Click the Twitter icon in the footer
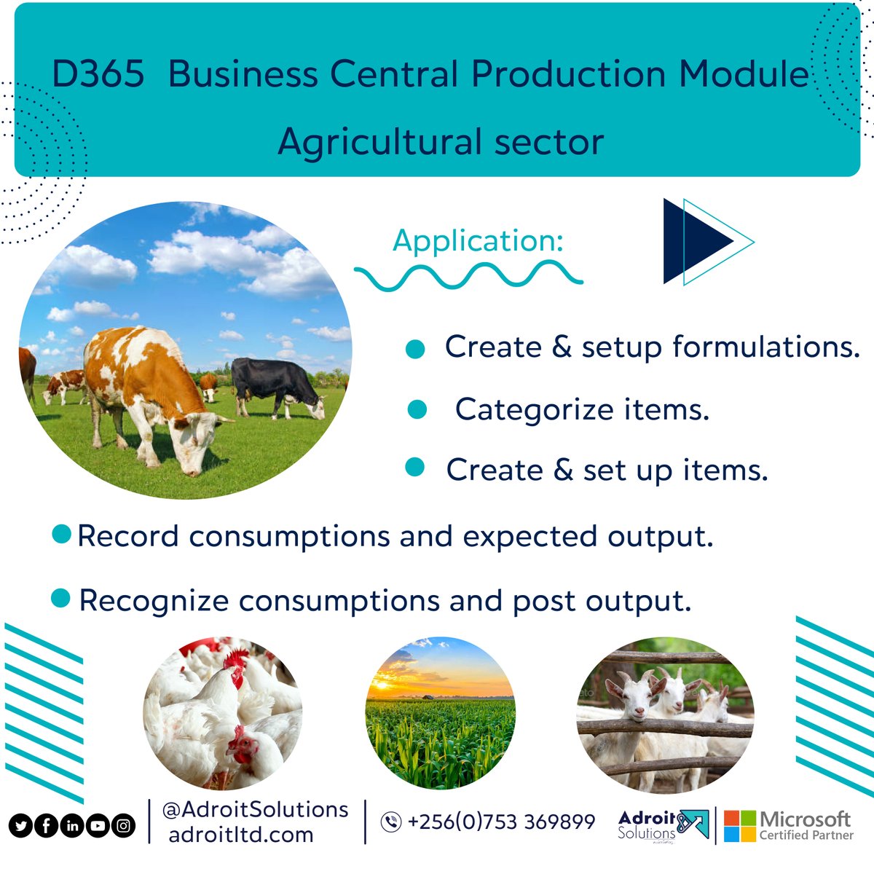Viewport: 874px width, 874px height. coord(20,826)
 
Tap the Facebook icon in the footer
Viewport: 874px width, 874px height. coord(46,826)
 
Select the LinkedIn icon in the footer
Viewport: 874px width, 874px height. coord(72,826)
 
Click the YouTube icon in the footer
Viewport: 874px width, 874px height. coord(98,826)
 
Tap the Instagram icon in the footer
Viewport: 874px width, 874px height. coord(124,826)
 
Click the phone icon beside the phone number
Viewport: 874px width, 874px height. coord(391,822)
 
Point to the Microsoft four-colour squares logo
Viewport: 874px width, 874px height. coord(739,826)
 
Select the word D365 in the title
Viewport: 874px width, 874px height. coord(98,74)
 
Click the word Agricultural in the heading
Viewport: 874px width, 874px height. coord(379,141)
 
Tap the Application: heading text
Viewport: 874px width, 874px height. coord(478,241)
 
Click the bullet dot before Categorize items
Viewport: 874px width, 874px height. coord(417,409)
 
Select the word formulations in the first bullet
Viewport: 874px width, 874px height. coord(766,347)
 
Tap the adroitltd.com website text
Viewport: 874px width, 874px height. coord(240,835)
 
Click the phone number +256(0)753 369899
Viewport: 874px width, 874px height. coord(501,822)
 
